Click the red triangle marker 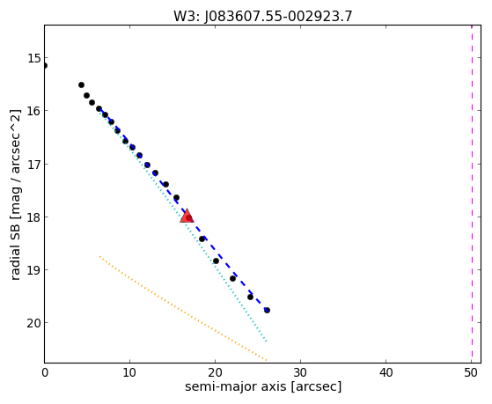[x=187, y=216]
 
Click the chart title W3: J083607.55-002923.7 [x=263, y=17]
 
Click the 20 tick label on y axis [x=33, y=323]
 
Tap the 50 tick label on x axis [x=472, y=372]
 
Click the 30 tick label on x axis [x=301, y=372]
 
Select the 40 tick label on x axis [x=386, y=372]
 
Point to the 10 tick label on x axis [x=129, y=372]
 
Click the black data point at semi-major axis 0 [x=45, y=66]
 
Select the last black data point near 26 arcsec [x=267, y=310]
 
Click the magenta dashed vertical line [x=472, y=194]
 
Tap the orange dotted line [x=183, y=308]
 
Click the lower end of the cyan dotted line [x=267, y=342]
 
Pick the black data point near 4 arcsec [x=81, y=84]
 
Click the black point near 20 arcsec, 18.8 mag [x=216, y=261]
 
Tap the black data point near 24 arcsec [x=250, y=297]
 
